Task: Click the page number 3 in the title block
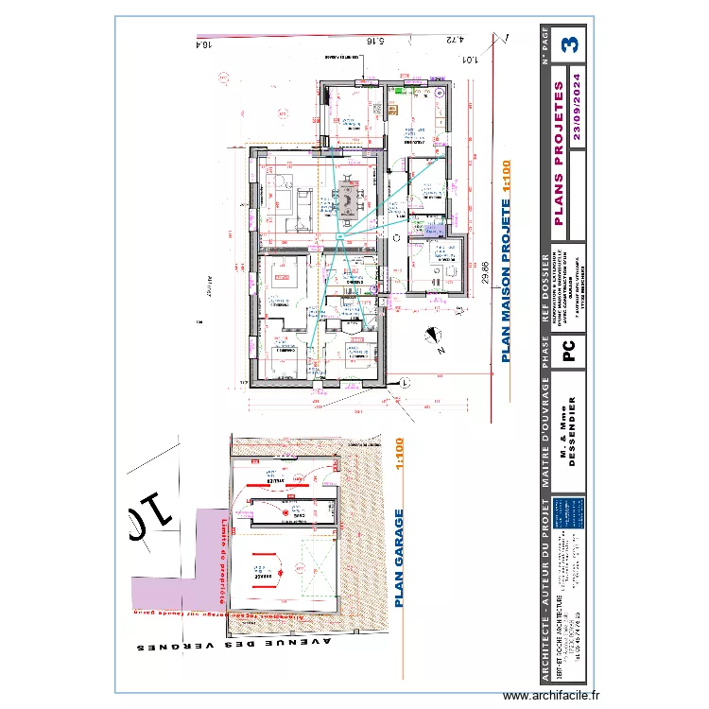tap(570, 43)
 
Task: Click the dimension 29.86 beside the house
tap(486, 274)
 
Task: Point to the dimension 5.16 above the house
tap(373, 41)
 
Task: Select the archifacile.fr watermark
tap(551, 696)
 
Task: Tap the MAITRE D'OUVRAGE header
tap(545, 434)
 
